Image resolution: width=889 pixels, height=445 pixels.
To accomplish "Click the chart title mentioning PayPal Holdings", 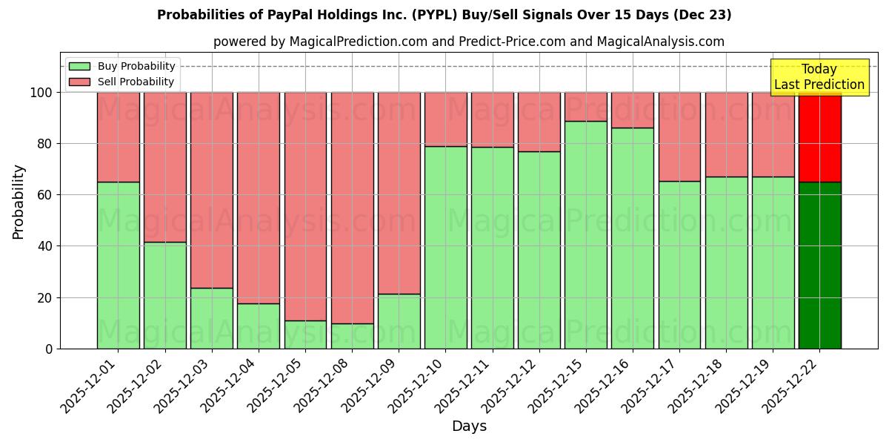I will tap(444, 15).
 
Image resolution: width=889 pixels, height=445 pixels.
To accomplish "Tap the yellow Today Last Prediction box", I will tap(819, 77).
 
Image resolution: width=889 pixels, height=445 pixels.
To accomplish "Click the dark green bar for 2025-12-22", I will tap(819, 265).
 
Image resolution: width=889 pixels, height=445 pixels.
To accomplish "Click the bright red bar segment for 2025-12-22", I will tap(819, 136).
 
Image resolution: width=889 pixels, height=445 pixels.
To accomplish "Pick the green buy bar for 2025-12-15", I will tap(585, 234).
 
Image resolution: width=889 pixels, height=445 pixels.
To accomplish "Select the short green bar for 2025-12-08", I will tap(352, 336).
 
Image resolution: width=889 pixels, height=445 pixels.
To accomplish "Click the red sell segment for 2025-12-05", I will tap(305, 206).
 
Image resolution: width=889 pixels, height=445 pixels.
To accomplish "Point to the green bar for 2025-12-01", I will tap(119, 265).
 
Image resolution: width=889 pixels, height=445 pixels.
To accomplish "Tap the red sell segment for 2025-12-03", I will tap(212, 190).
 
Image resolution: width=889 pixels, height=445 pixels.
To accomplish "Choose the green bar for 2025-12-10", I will tap(445, 247).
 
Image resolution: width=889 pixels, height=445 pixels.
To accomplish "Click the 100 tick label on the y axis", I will tap(42, 93).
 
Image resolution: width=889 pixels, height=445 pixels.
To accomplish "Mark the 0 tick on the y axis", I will tap(50, 349).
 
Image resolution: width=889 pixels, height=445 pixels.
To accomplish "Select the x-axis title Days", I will tap(469, 426).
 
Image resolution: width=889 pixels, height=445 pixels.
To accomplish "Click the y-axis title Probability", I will tap(19, 201).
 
